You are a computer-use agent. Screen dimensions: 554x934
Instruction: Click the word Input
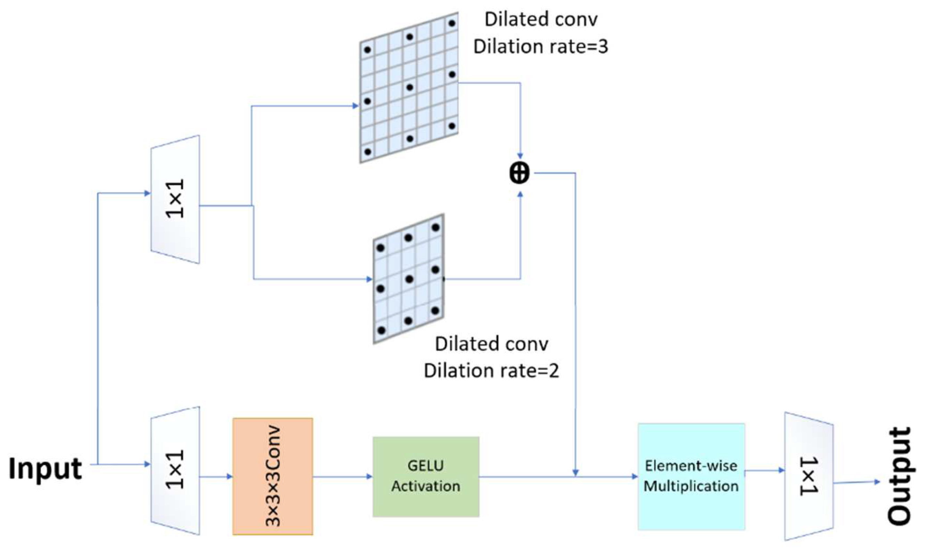point(45,469)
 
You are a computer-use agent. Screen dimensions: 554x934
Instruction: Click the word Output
point(899,476)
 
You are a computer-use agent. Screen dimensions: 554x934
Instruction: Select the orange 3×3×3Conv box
point(273,476)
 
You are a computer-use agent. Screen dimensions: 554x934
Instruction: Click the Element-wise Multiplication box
point(691,476)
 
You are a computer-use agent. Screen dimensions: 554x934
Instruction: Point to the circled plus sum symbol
point(519,174)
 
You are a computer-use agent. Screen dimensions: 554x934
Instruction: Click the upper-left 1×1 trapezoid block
point(175,199)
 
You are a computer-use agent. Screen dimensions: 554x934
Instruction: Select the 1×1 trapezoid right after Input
point(175,470)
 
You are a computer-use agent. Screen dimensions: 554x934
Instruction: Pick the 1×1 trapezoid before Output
point(809,476)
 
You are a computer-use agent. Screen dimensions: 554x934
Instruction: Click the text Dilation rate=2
point(491,371)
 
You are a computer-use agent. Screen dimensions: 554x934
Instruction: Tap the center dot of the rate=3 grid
point(410,88)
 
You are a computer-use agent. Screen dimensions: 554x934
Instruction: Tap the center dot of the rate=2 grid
point(409,279)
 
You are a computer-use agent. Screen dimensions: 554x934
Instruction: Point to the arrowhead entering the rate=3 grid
point(355,106)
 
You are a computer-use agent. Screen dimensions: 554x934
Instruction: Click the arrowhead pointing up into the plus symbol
point(520,195)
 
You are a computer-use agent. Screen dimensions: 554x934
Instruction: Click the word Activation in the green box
point(426,486)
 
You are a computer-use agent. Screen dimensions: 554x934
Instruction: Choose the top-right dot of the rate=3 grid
point(452,23)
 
